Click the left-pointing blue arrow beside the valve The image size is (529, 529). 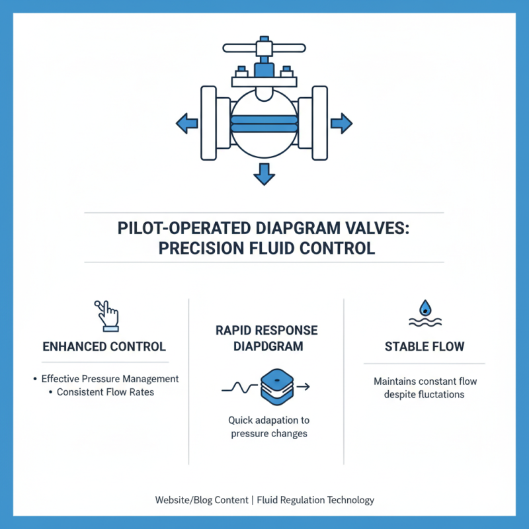click(x=186, y=122)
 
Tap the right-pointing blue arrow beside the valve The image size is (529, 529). click(x=341, y=122)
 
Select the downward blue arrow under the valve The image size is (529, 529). click(x=264, y=174)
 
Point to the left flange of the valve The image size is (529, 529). click(x=209, y=122)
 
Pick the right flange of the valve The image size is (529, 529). click(x=319, y=122)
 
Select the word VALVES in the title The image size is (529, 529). click(x=378, y=229)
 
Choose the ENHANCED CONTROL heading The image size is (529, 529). click(x=104, y=346)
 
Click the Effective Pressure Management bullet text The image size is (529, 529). click(x=110, y=379)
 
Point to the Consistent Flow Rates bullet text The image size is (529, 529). click(x=106, y=391)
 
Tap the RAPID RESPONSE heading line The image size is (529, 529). click(x=266, y=330)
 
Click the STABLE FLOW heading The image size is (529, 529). click(x=425, y=346)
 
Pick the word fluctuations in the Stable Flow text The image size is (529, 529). click(x=441, y=394)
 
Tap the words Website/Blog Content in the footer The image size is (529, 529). click(x=201, y=500)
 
